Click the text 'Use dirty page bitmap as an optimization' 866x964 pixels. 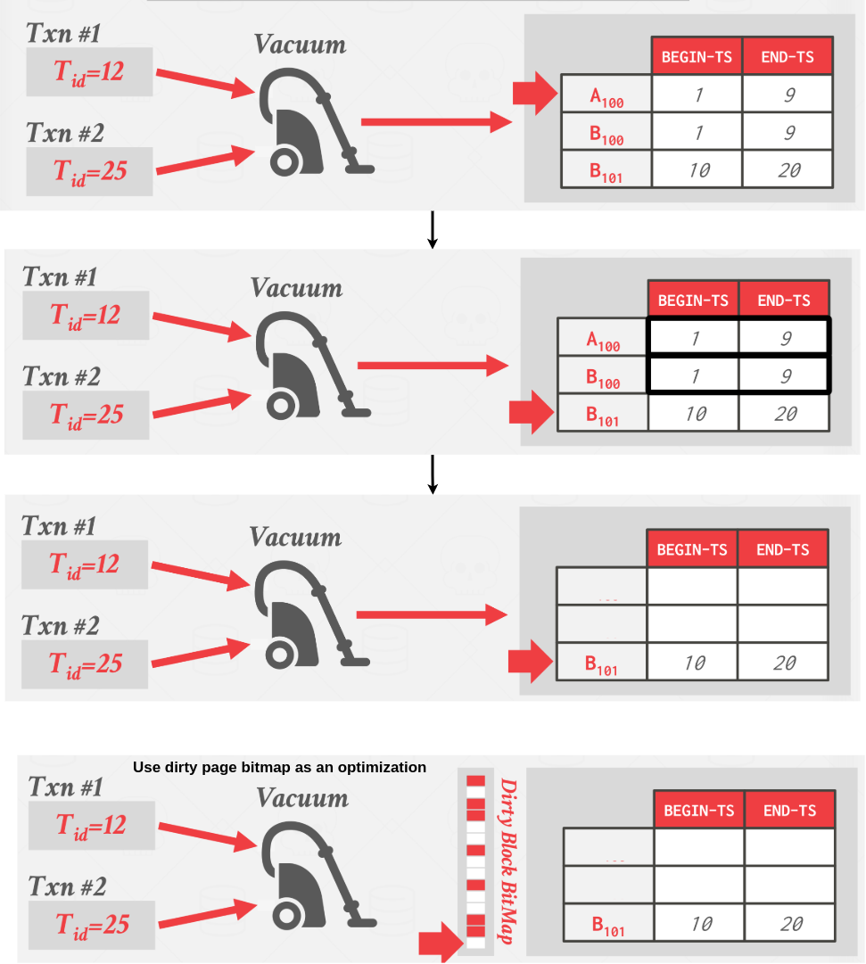[x=279, y=767]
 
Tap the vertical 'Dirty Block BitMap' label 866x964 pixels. [x=508, y=861]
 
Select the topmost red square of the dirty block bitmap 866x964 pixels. [x=475, y=781]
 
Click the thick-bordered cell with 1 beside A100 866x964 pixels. [x=693, y=337]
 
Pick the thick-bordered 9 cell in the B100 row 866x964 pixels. [x=784, y=375]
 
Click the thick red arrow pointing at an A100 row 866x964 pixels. [x=535, y=93]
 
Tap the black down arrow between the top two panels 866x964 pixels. [x=433, y=230]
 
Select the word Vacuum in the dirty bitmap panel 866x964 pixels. [x=302, y=798]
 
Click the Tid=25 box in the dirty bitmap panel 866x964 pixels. [x=92, y=925]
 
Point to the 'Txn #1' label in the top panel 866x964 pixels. [x=63, y=33]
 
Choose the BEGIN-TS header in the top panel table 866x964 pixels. [x=697, y=56]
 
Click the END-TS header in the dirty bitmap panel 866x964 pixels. [x=789, y=811]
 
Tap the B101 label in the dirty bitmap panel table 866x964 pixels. [x=607, y=926]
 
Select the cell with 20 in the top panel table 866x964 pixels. [x=788, y=169]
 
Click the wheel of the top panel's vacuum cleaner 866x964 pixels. [x=285, y=162]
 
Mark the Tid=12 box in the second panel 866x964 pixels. [x=86, y=316]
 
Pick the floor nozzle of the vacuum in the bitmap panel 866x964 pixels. [x=362, y=922]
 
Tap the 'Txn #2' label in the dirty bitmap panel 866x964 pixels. [x=68, y=886]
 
